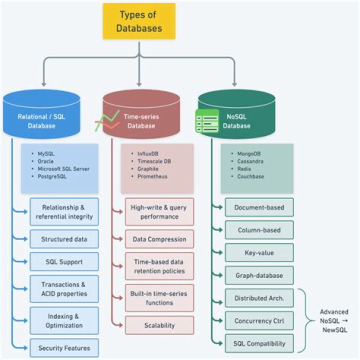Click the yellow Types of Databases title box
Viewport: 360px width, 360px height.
[x=139, y=21]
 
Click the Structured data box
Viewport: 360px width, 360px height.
[x=64, y=239]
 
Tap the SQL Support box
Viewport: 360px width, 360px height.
[x=64, y=261]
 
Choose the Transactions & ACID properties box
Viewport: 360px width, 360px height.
[x=64, y=288]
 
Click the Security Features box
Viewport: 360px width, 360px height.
[x=64, y=347]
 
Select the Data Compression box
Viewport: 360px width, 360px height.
[x=159, y=239]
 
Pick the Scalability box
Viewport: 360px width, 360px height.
[x=159, y=325]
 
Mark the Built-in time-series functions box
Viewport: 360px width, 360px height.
[x=159, y=298]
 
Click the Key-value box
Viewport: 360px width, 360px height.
[x=259, y=252]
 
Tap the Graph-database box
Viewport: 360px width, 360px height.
[x=259, y=275]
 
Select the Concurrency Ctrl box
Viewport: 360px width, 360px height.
[x=259, y=320]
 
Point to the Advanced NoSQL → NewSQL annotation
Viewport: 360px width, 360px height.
[x=334, y=321]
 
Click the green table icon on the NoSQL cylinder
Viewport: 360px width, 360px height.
[x=206, y=120]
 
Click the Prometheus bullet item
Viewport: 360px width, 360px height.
[x=152, y=176]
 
